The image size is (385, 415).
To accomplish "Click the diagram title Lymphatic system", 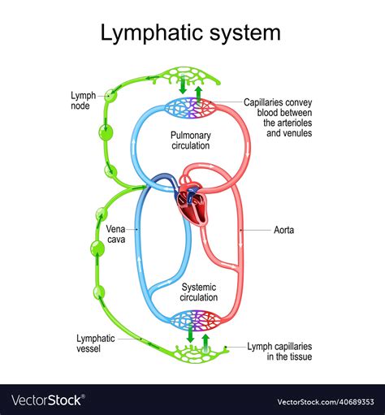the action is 190,33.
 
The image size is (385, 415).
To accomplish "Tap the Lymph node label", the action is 84,101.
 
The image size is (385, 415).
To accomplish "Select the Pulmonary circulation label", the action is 191,140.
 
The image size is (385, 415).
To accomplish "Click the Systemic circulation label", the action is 199,292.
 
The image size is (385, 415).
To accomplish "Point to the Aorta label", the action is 283,230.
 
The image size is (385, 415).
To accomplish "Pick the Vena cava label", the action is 115,234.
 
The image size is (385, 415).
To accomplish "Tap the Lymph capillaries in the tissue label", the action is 279,352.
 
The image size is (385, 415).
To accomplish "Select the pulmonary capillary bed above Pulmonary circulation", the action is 191,108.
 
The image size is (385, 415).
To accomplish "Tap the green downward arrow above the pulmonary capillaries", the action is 184,84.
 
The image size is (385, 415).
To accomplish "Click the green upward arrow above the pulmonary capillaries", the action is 199,96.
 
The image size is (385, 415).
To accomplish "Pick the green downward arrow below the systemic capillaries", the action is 191,334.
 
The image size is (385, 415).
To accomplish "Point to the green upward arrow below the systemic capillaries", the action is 205,344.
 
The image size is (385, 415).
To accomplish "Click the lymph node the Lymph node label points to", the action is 110,96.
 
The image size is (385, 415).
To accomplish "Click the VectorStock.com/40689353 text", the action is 326,401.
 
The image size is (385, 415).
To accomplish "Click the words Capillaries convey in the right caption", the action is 278,102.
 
